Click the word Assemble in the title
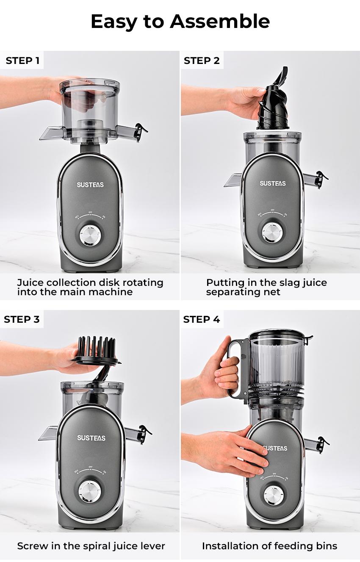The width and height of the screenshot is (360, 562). pos(220,21)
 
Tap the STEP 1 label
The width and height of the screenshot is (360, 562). pos(22,61)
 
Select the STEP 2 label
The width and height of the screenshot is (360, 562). pos(202,61)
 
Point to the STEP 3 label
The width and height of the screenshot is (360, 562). pos(22,319)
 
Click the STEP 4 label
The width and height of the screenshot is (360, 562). pos(202,319)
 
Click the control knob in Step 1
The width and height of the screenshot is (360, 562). pos(90,235)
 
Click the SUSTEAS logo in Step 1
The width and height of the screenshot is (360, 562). pos(90,185)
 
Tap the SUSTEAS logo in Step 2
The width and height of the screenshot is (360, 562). pos(273,183)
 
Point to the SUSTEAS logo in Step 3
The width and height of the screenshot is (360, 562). pos(91,438)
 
